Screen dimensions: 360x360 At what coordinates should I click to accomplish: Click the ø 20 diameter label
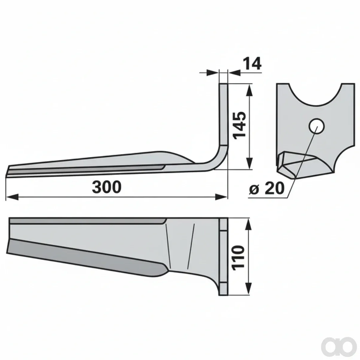[x=266, y=188]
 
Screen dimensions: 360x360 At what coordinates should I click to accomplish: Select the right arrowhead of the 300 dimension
[x=221, y=197]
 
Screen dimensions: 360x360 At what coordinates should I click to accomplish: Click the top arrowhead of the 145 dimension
[x=249, y=91]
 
